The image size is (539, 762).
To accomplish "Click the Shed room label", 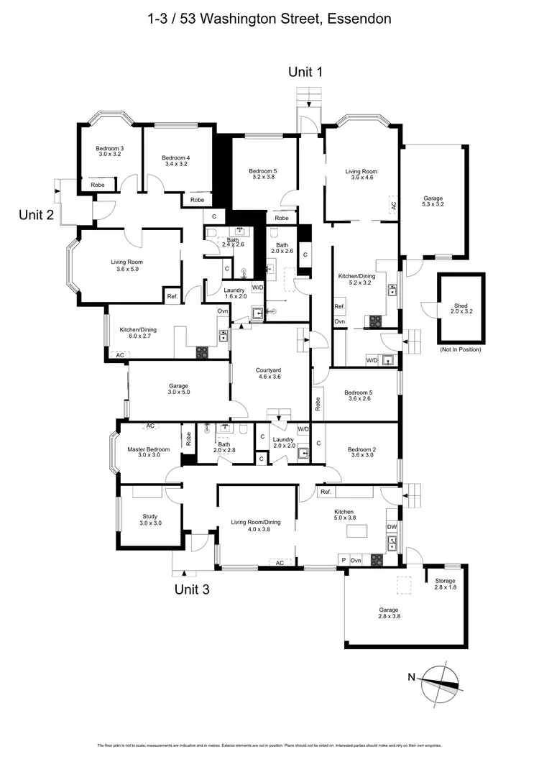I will tap(459, 308).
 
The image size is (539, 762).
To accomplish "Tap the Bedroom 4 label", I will tap(175, 160).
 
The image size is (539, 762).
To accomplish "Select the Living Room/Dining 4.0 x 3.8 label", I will tap(255, 525).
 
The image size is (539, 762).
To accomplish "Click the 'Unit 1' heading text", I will tap(305, 71).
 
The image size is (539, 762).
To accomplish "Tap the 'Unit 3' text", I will tap(193, 589).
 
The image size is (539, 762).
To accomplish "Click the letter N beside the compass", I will tap(412, 676).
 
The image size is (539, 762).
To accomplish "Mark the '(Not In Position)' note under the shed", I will tap(460, 349).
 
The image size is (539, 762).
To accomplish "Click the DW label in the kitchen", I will tap(392, 526).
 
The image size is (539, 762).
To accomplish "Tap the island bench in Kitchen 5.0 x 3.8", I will tap(356, 530).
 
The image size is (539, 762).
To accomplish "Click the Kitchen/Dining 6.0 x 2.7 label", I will tap(138, 333).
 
